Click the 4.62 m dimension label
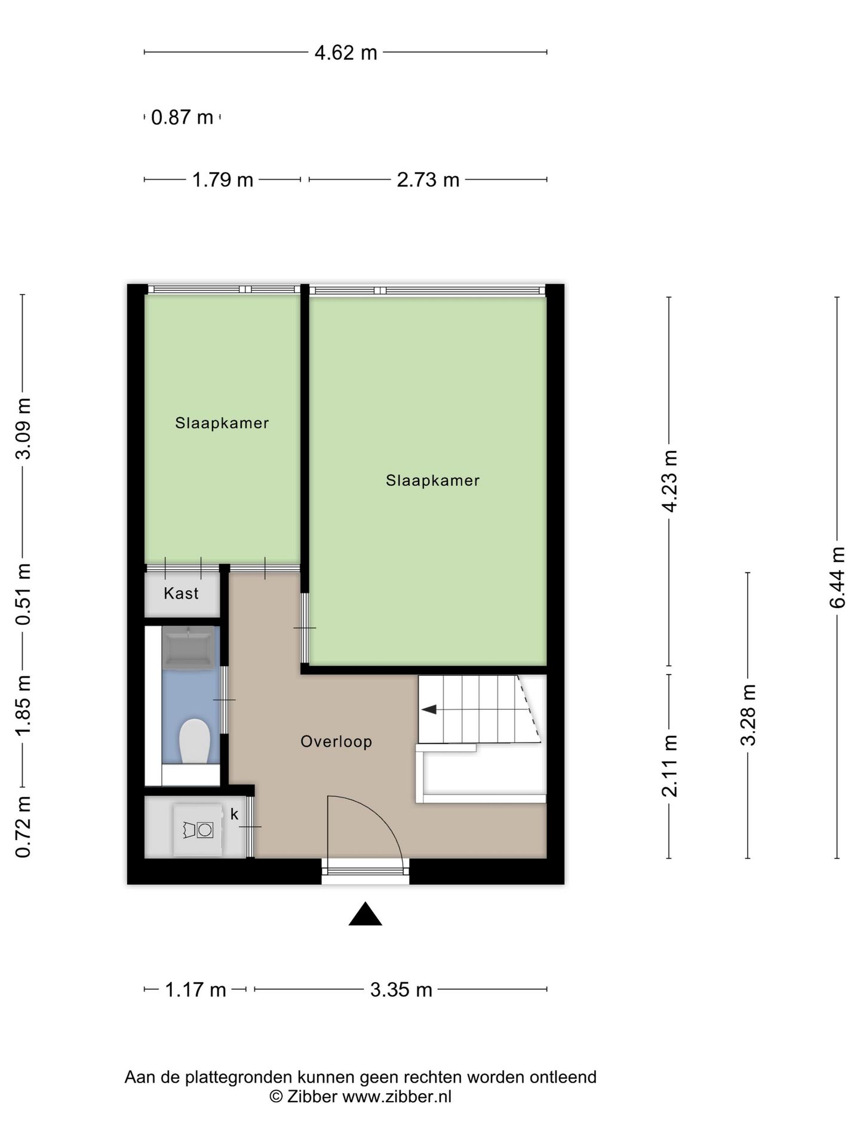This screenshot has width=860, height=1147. [x=346, y=53]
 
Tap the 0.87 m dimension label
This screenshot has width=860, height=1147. [x=182, y=117]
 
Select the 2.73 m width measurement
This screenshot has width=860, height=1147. [x=428, y=180]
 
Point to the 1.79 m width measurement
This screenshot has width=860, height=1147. [x=223, y=180]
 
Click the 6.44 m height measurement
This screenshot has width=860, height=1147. [x=838, y=578]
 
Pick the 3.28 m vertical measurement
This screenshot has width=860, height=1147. [x=748, y=715]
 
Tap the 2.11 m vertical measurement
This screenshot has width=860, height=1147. [x=669, y=766]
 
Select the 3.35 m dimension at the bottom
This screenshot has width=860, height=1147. [x=401, y=990]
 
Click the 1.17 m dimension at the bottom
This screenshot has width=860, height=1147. [x=195, y=990]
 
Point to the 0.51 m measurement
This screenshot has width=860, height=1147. [x=23, y=594]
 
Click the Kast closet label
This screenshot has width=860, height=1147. [x=181, y=593]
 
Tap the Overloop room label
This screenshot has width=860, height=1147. [x=336, y=741]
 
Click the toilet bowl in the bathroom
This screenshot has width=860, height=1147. [x=194, y=741]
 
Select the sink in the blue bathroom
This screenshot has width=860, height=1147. [x=189, y=648]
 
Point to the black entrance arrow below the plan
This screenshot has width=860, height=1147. [x=365, y=915]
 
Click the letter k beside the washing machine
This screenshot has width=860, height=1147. [x=234, y=814]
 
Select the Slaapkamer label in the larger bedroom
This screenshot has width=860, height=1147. [x=433, y=480]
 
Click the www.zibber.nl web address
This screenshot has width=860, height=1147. [x=397, y=1096]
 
